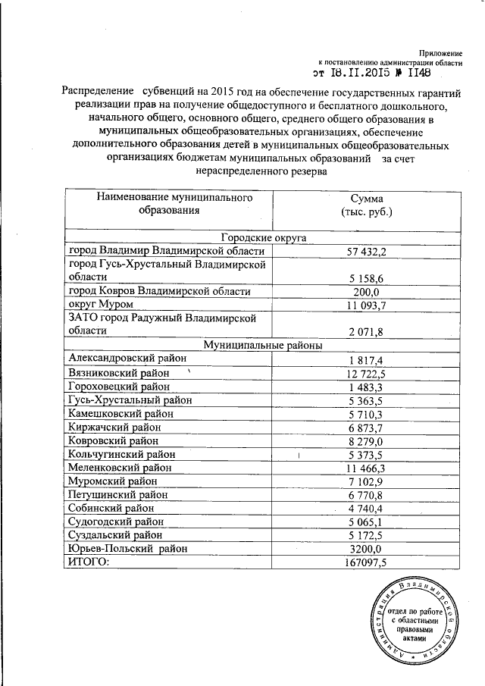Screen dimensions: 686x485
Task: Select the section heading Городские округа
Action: click(261, 237)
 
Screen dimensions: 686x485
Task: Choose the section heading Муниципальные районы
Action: click(261, 346)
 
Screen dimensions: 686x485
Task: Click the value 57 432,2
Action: click(367, 251)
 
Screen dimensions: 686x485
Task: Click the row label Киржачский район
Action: click(114, 427)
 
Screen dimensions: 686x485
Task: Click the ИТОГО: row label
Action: click(89, 562)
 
